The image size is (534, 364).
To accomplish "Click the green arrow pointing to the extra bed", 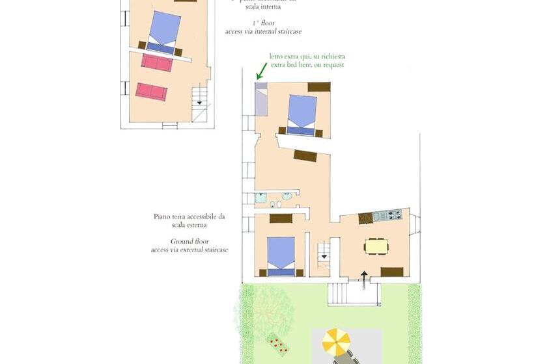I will pyautogui.click(x=262, y=69).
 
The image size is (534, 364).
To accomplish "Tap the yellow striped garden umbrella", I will pyautogui.click(x=337, y=340).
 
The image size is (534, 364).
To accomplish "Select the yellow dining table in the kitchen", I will pyautogui.click(x=376, y=246).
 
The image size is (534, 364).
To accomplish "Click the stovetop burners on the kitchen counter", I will pyautogui.click(x=394, y=214).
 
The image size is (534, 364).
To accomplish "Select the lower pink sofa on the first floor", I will pyautogui.click(x=151, y=91).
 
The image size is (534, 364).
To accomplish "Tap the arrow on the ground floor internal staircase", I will pyautogui.click(x=324, y=257).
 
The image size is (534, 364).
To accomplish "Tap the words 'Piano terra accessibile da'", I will pyautogui.click(x=189, y=216).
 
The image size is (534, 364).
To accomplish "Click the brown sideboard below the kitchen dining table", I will pyautogui.click(x=392, y=271).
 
